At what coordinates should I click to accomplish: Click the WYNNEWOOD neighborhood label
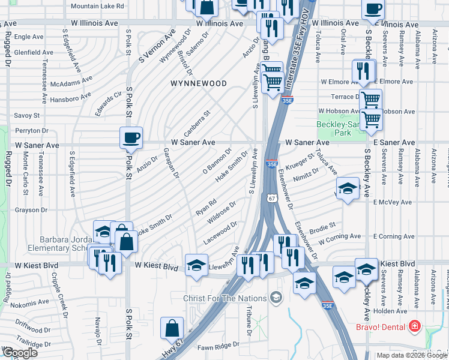198,83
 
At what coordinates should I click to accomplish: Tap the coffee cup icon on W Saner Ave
131,138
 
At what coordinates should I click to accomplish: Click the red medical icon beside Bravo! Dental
413,327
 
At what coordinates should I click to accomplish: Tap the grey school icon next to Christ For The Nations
276,297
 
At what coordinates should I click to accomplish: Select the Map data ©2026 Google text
412,355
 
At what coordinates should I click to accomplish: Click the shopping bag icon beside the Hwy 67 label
172,328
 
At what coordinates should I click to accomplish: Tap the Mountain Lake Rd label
97,6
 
